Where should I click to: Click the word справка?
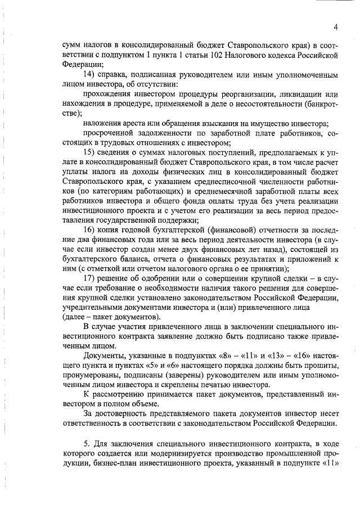[115, 74]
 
